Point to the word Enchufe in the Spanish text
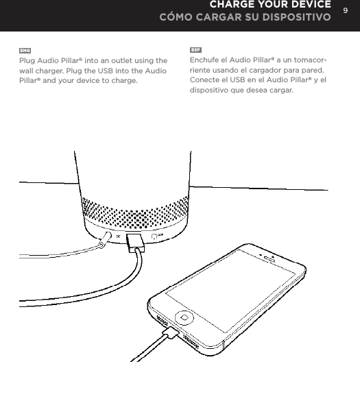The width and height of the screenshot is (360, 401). pos(204,61)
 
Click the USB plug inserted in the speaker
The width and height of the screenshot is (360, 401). pos(134,241)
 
